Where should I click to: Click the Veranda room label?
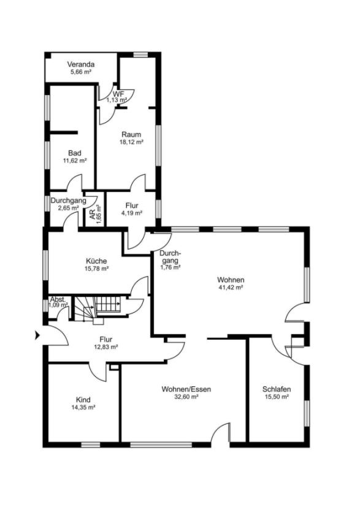(x=81, y=64)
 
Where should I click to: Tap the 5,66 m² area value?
(x=80, y=72)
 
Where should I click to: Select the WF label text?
(x=118, y=93)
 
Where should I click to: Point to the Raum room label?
(x=131, y=134)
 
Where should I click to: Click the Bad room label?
(x=74, y=153)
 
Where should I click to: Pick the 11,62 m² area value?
(x=74, y=161)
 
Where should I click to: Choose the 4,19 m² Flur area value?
(x=131, y=213)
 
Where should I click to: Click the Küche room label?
(x=96, y=261)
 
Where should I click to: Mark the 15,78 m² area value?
(x=96, y=269)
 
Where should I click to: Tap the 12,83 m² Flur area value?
(x=105, y=346)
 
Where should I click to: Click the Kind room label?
(x=83, y=399)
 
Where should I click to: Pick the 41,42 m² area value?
(x=231, y=287)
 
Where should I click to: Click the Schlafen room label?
(x=276, y=389)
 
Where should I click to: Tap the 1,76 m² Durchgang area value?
(x=169, y=267)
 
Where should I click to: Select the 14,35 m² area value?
(x=83, y=407)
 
